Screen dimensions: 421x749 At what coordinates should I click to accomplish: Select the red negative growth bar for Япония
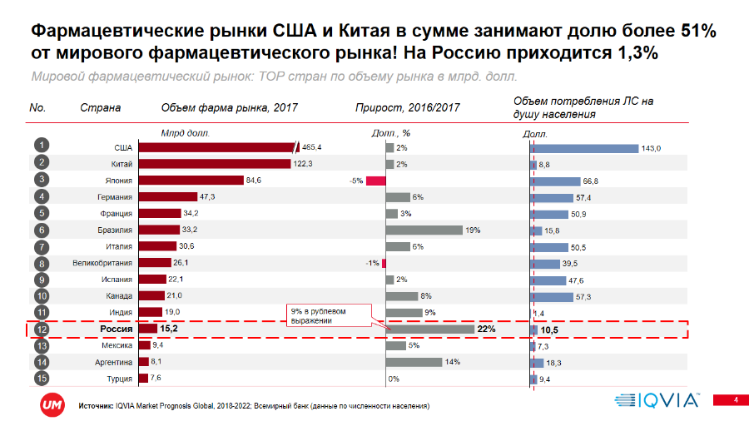tap(375, 181)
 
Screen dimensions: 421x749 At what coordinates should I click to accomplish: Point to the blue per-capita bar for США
tap(585, 148)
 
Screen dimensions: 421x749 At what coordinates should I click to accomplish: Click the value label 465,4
tap(312, 147)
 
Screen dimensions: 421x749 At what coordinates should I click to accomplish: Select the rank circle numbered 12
tap(40, 329)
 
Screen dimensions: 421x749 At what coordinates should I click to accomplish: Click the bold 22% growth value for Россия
tap(486, 329)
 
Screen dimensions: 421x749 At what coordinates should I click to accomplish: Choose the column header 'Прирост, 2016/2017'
tap(407, 108)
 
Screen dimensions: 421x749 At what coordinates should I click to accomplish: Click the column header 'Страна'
tap(100, 108)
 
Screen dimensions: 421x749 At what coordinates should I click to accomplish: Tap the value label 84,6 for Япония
tap(253, 181)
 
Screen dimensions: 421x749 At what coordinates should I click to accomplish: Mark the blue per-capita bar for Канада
tap(562, 296)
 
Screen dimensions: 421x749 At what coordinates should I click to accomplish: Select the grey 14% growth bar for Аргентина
tap(414, 362)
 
